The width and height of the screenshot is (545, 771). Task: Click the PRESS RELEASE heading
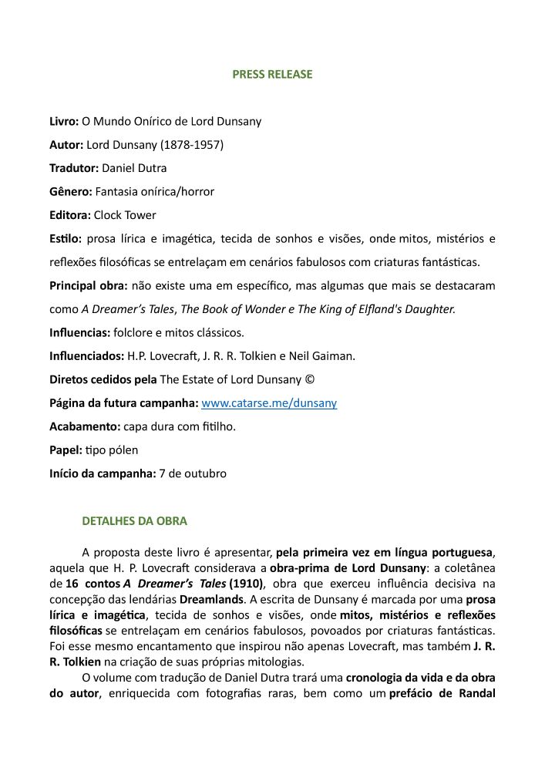click(272, 75)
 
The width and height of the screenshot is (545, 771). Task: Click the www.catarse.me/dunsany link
click(268, 403)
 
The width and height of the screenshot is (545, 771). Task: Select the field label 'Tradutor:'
click(74, 168)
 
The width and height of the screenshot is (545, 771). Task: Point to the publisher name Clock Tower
click(125, 215)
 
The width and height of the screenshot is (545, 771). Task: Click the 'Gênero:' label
click(71, 191)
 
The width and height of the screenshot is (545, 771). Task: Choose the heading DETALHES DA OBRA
click(134, 520)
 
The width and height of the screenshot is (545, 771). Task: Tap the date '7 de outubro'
click(193, 473)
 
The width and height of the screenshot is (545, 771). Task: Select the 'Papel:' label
click(66, 449)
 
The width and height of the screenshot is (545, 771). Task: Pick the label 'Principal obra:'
click(89, 285)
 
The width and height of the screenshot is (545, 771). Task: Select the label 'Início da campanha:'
click(103, 473)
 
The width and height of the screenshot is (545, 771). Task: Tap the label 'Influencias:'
click(80, 333)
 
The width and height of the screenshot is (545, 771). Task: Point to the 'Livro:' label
click(64, 121)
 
